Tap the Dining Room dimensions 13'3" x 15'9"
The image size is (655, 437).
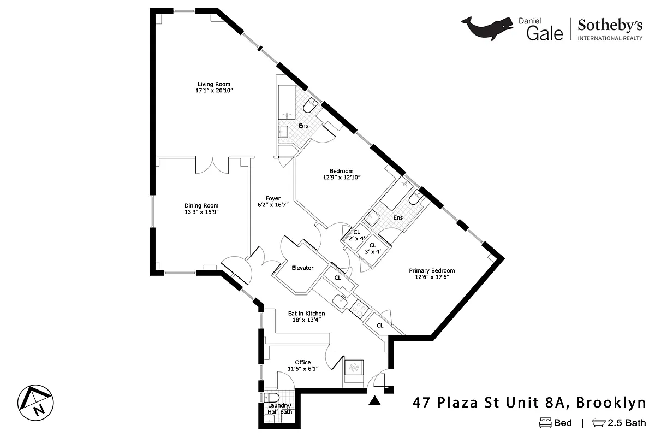tap(202, 212)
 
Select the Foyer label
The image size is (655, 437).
tap(273, 198)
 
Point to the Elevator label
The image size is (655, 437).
tap(302, 268)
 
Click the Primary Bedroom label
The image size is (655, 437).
tap(432, 270)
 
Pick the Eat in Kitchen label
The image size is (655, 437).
tap(306, 313)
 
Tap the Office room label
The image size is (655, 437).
tap(302, 362)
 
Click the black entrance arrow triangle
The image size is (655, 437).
tap(374, 401)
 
